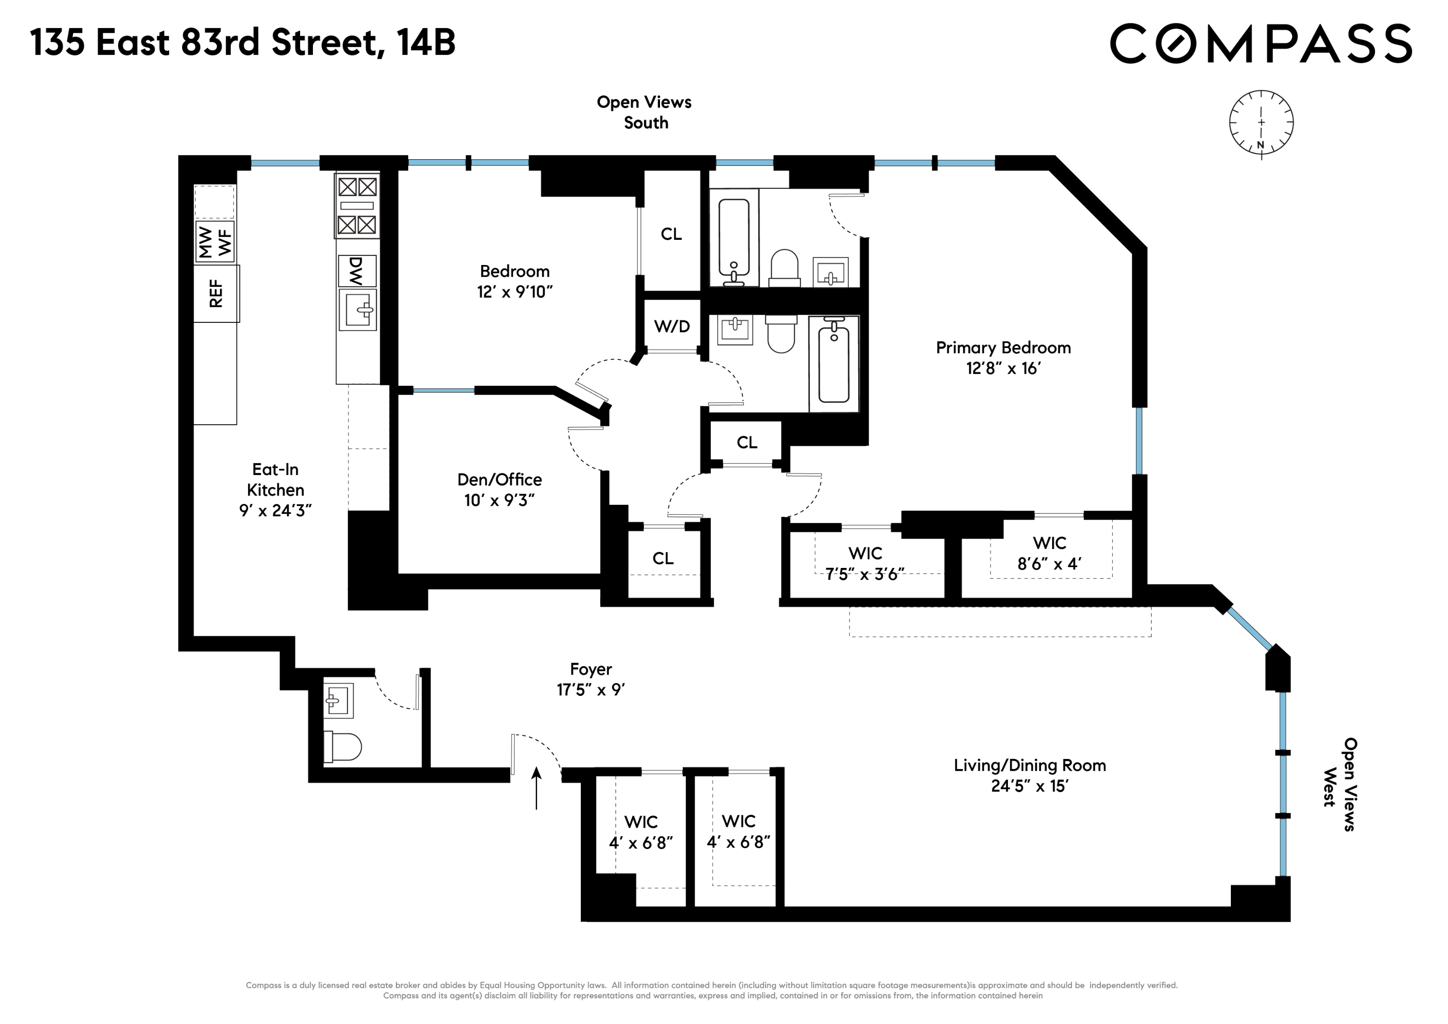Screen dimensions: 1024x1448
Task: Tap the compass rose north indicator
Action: [x=1261, y=145]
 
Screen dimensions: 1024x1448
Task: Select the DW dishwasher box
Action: [x=357, y=271]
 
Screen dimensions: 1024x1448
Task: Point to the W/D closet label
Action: [x=672, y=327]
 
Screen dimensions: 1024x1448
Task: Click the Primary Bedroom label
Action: [x=1003, y=347]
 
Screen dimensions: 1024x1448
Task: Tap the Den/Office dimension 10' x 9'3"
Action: [x=499, y=501]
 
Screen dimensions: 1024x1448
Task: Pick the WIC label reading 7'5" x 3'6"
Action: [x=865, y=564]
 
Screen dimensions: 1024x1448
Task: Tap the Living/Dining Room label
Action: [x=1029, y=766]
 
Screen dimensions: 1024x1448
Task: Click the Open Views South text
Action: [x=644, y=112]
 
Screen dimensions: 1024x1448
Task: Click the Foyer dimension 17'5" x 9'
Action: [x=590, y=690]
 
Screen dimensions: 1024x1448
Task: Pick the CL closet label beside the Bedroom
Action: [x=671, y=234]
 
